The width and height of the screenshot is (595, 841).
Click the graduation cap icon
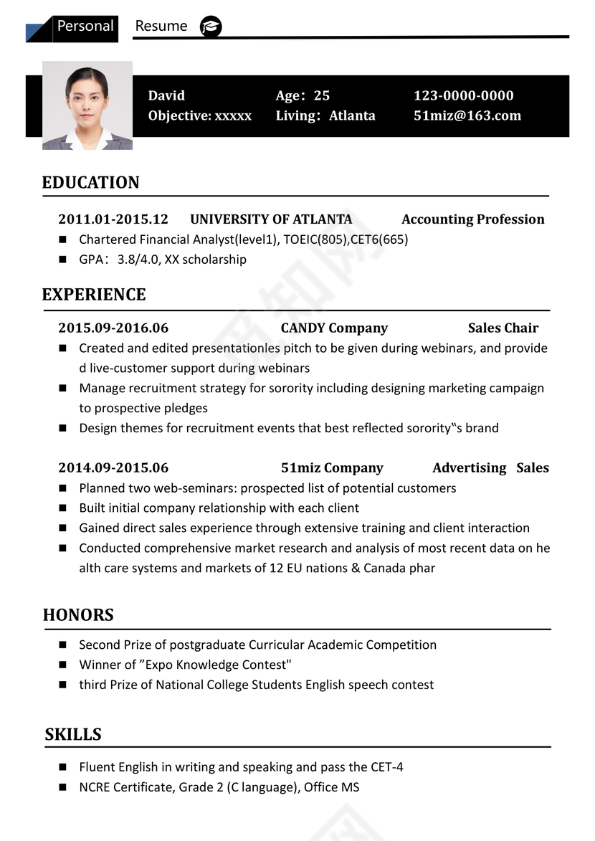pos(211,27)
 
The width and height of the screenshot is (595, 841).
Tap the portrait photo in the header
pos(87,105)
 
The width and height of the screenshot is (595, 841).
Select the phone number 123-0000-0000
pos(463,95)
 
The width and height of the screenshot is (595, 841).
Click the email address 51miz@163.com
pos(467,115)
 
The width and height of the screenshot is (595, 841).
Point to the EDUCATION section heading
pos(90,182)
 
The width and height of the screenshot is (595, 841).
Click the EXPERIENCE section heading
pos(93,295)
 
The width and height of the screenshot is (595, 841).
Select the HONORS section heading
pos(78,614)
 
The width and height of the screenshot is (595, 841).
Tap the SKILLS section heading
pos(73,734)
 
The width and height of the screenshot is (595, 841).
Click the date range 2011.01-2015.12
pos(113,219)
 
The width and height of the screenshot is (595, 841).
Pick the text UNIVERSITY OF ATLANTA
pos(271,219)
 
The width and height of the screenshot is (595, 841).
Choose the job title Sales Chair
pos(503,328)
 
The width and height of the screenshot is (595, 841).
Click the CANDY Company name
pos(334,328)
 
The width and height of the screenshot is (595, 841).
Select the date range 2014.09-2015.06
pos(113,467)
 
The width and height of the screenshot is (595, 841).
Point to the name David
pos(166,95)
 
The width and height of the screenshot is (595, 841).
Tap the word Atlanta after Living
pos(352,115)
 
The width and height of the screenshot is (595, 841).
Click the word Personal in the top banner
pos(85,27)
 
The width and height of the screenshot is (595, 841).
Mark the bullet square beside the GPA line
pos(63,260)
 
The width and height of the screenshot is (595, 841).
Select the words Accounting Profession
pos(472,219)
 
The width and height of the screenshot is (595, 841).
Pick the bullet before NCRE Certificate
pos(63,787)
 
